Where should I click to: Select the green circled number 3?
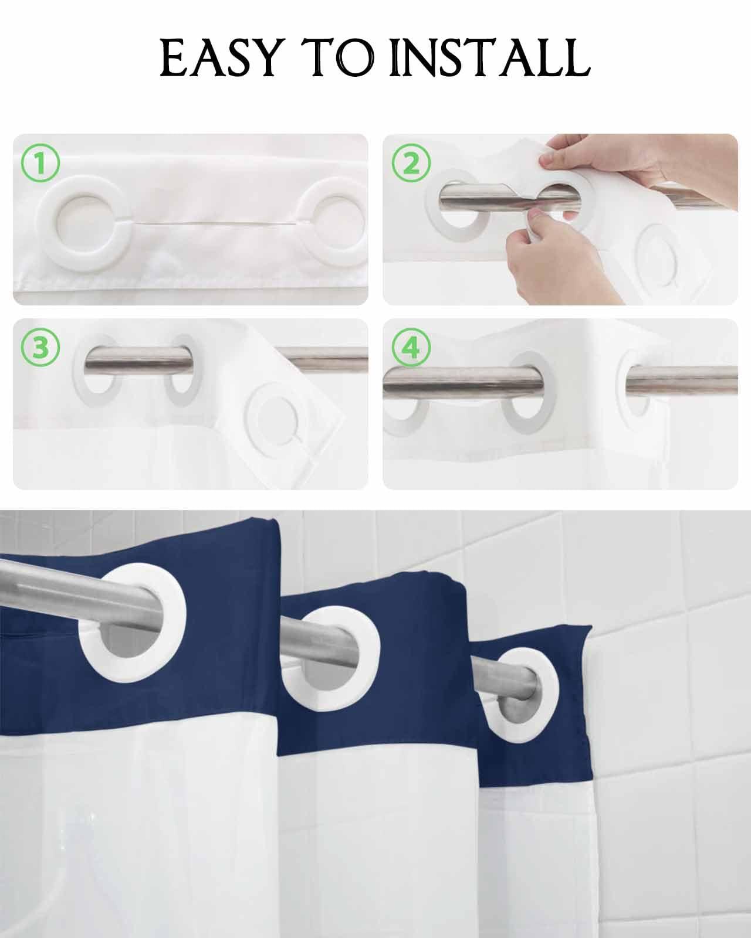click(40, 347)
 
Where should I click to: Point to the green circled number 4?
click(412, 348)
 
